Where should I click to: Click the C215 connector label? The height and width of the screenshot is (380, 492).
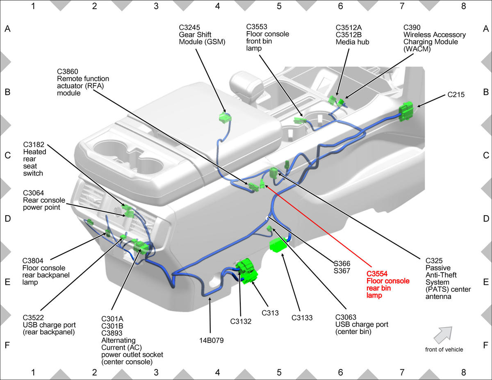point(456,95)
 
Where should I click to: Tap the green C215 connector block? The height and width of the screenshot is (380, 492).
point(406,111)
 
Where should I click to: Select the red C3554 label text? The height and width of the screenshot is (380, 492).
point(377,274)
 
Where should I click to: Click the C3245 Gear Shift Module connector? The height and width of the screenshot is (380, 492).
point(225,118)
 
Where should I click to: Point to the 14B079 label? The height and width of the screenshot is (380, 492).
point(211,340)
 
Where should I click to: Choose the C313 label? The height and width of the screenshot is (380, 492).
point(270,313)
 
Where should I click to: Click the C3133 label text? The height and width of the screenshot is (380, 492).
point(302,318)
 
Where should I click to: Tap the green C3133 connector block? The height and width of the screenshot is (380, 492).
point(278,245)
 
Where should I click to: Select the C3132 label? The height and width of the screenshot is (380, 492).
point(241,321)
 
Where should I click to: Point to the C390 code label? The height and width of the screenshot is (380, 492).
point(412,27)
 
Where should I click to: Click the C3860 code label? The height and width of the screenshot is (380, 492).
point(68,71)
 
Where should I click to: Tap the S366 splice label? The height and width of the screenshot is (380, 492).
point(342,264)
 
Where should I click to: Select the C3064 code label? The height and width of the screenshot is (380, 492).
point(33,193)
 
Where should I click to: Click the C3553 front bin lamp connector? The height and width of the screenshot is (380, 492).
point(300,120)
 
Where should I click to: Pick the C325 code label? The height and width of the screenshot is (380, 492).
point(434,261)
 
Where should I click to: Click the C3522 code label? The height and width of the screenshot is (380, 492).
point(33,318)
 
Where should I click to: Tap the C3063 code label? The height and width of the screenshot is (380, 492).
point(346,317)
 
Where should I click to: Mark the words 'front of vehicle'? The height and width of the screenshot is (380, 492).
point(444,349)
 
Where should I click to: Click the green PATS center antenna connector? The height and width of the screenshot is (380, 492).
point(273,173)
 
